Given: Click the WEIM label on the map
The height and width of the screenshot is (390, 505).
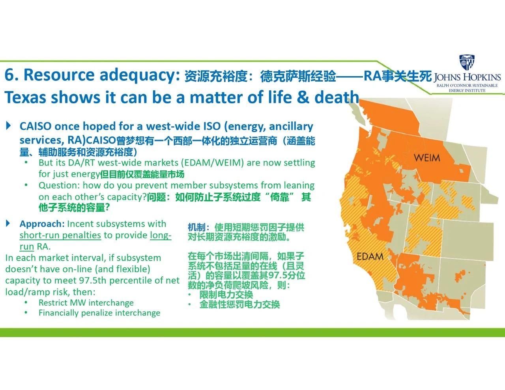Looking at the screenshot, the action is [x=427, y=158].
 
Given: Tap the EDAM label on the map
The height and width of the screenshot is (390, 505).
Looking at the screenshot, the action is [x=370, y=257].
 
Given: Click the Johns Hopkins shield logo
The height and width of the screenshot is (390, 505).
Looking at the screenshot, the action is [x=467, y=62].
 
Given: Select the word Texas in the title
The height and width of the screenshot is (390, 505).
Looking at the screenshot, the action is [x=25, y=97].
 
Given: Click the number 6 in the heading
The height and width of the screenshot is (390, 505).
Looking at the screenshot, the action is [x=9, y=75].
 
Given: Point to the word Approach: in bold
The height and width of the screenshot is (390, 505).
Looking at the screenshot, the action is [x=42, y=224].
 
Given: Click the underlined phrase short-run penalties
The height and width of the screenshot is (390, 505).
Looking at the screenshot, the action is [x=60, y=235].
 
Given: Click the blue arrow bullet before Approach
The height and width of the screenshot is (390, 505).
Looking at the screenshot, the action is [x=8, y=224].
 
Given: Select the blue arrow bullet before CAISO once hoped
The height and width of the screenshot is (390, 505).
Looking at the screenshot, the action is [x=8, y=126].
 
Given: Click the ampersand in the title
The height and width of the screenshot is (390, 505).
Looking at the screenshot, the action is [x=303, y=97].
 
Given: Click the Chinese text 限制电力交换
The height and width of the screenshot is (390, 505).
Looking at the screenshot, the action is [x=226, y=295].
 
